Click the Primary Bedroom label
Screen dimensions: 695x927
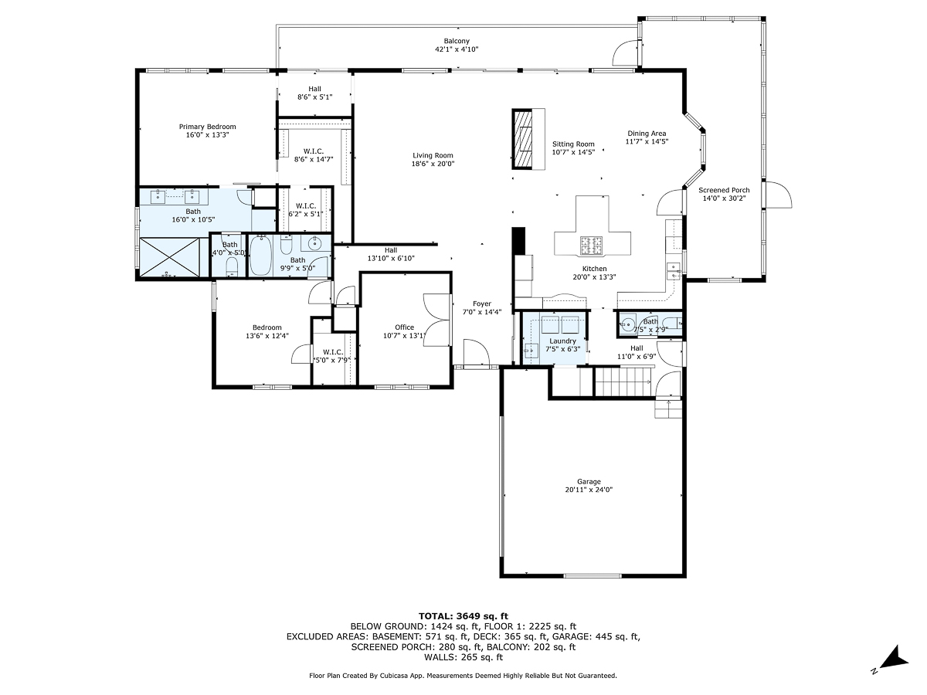coord(207,127)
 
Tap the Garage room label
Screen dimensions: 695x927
coord(589,482)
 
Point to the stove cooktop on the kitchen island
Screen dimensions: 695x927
coord(593,246)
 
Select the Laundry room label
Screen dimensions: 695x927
coord(562,341)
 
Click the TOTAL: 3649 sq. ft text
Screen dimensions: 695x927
coord(463,615)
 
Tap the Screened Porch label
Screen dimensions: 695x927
coord(724,190)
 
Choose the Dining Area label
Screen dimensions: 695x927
coord(647,133)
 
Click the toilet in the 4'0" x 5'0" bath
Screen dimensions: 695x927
coord(231,266)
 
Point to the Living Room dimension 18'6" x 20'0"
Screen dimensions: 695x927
coord(433,164)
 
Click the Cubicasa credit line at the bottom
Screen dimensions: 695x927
coord(463,676)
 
